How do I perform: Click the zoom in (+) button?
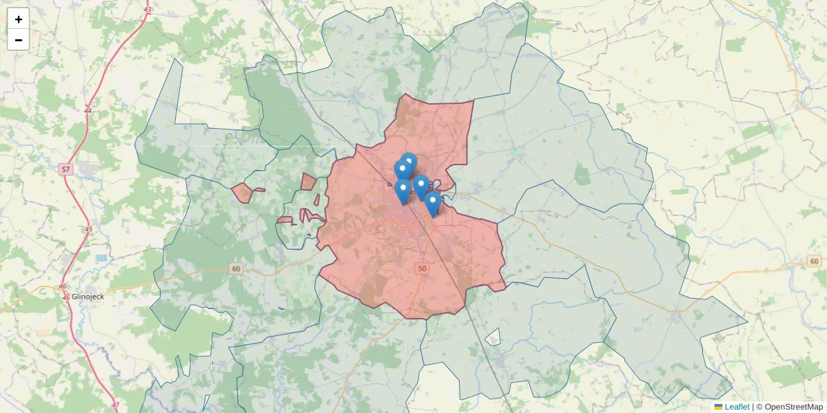coord(19,19)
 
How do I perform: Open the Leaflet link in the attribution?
coord(737,407)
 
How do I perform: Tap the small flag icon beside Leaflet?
coord(718,407)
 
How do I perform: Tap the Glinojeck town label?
coord(88,297)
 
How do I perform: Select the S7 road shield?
coord(65,169)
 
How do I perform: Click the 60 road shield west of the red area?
coord(236,268)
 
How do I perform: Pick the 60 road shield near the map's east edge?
coord(814,261)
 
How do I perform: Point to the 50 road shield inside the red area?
coord(422,268)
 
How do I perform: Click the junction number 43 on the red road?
coord(148,9)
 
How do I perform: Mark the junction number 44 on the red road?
coord(88,110)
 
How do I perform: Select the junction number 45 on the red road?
coord(88,229)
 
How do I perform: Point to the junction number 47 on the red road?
coord(115,404)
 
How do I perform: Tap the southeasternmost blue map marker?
coord(432,202)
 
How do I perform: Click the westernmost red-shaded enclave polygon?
coord(242,193)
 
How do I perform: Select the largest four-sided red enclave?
coord(308,182)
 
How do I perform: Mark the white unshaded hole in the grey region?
coord(492,337)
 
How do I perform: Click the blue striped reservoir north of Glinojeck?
coord(102,257)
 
